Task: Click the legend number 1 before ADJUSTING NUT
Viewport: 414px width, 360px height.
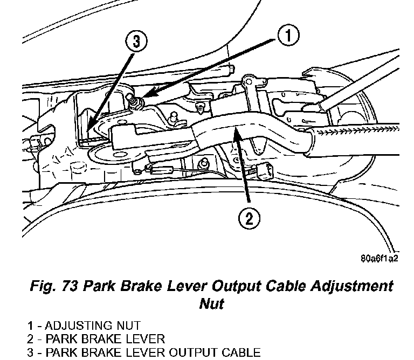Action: (31, 326)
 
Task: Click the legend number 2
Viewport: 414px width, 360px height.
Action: (32, 339)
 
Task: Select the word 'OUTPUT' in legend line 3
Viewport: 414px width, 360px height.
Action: (192, 353)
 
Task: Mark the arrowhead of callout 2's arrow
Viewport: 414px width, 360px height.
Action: (236, 128)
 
